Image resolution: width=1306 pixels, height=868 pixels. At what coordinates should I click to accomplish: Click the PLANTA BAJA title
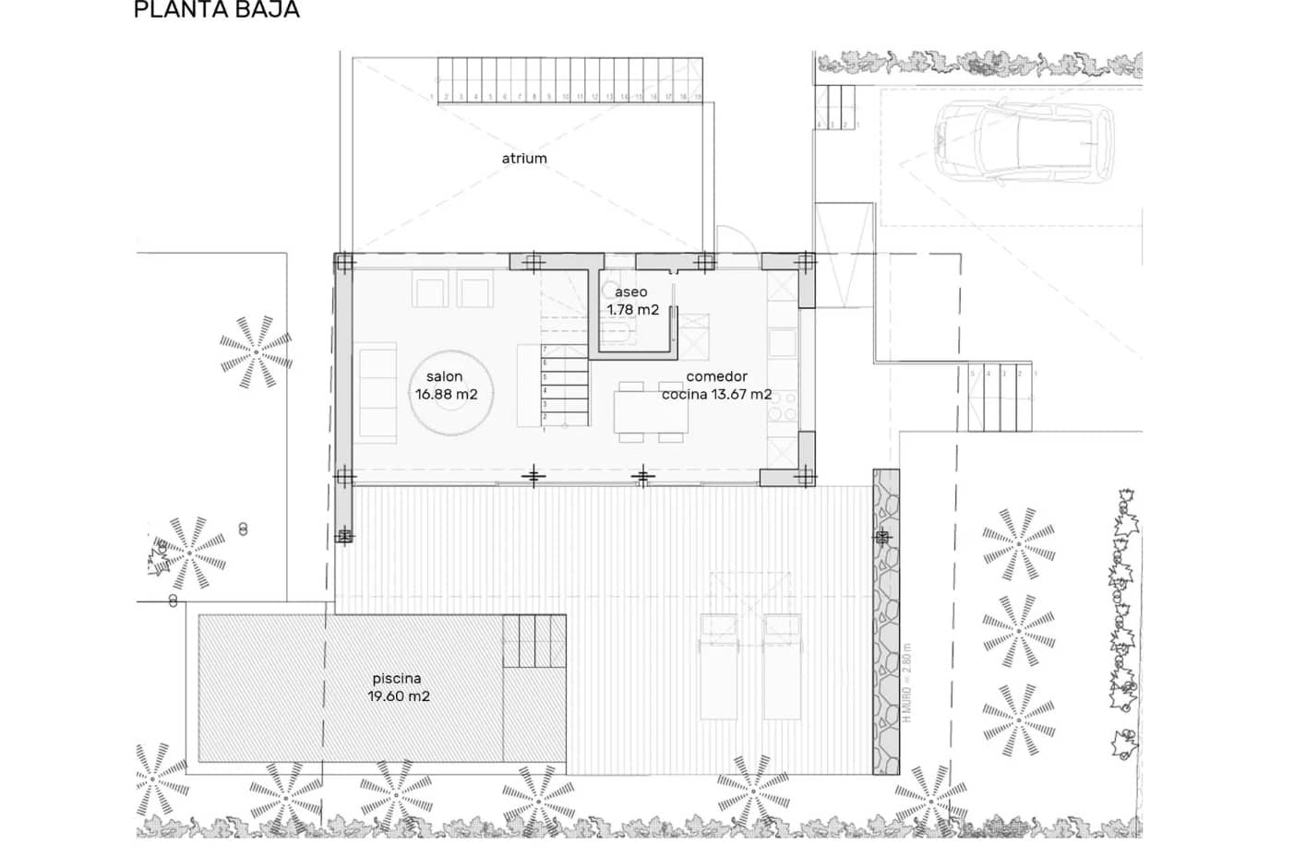216,10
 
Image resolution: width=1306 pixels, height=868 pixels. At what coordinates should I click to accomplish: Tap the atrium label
524,159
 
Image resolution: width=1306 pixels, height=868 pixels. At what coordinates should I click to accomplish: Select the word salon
444,376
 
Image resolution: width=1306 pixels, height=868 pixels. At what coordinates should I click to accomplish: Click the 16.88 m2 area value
446,395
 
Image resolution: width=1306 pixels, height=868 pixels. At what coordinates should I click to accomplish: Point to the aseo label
631,292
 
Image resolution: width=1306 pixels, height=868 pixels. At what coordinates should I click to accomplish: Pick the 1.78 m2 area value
633,310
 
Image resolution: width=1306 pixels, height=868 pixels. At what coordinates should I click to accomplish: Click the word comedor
716,376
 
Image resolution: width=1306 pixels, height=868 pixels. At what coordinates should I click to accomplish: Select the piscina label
397,679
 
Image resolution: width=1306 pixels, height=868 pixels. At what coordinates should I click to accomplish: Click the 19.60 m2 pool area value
399,696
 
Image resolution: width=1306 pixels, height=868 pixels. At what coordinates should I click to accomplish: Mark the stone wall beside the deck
885,623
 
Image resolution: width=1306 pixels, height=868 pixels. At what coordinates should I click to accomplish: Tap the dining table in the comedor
651,412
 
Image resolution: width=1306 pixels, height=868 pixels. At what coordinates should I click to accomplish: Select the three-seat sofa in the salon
377,393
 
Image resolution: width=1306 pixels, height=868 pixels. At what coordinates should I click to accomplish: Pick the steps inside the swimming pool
533,640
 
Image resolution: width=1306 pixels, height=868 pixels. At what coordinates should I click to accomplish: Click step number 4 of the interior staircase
565,391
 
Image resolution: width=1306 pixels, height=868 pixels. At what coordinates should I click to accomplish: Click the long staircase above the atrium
569,80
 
